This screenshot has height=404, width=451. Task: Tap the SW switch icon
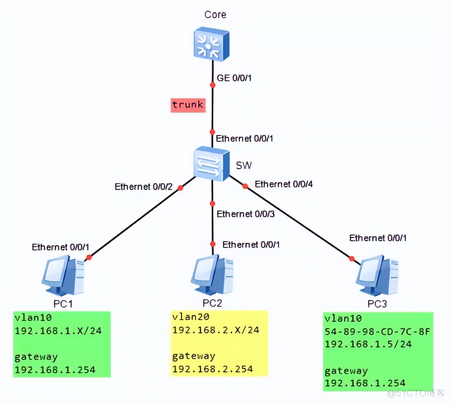tap(211, 164)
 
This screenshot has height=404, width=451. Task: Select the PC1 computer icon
tap(63, 275)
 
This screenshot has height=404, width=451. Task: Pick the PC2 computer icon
tap(212, 275)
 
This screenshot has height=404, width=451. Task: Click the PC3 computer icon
tap(377, 275)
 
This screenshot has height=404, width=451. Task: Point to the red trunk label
tap(188, 105)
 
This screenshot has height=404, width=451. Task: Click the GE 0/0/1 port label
tap(234, 78)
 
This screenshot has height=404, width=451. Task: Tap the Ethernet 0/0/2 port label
tap(144, 187)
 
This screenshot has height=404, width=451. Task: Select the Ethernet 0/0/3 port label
tap(246, 214)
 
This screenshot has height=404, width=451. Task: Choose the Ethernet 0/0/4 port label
tap(284, 184)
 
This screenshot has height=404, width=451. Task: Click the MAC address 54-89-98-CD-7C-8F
tap(377, 331)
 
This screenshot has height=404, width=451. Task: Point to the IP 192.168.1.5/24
tap(368, 344)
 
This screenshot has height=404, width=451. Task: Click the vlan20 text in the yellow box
tap(191, 317)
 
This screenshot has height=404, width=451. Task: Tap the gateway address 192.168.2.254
tap(213, 369)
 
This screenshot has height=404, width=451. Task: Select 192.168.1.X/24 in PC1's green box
tap(58, 331)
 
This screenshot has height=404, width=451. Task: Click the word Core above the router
tap(215, 15)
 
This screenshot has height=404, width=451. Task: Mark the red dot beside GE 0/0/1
tap(213, 85)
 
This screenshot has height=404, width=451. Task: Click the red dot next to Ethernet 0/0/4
tap(245, 186)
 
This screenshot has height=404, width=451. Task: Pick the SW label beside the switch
tap(244, 165)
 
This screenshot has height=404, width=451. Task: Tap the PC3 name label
tap(377, 304)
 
